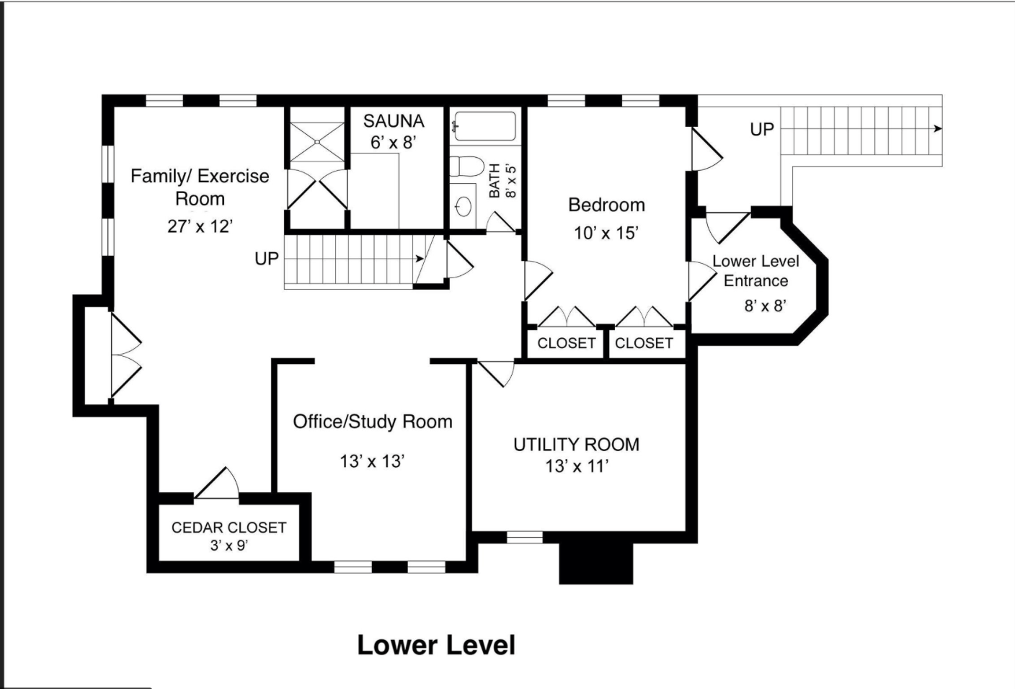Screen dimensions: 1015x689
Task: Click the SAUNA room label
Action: click(x=394, y=121)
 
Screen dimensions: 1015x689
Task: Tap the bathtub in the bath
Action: click(x=485, y=126)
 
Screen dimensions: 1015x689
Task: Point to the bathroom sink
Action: click(x=463, y=207)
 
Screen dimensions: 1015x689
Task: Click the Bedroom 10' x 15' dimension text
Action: click(x=606, y=234)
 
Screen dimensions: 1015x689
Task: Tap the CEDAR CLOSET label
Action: click(x=229, y=528)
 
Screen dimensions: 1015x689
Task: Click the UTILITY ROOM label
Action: click(x=577, y=445)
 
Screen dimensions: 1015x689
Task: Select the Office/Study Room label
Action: click(x=373, y=422)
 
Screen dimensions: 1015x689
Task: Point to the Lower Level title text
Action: click(x=436, y=645)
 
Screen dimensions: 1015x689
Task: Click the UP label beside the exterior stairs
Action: click(x=762, y=130)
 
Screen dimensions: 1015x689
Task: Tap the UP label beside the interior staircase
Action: click(x=267, y=259)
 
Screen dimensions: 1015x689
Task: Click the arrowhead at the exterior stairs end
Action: click(x=938, y=129)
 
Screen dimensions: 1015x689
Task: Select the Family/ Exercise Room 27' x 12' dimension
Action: click(x=200, y=226)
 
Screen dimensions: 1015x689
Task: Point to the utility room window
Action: click(x=524, y=537)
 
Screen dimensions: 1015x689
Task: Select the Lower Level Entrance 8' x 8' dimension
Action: click(x=765, y=306)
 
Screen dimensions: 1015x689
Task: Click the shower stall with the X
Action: click(x=317, y=142)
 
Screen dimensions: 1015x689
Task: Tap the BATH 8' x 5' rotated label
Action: click(x=502, y=181)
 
